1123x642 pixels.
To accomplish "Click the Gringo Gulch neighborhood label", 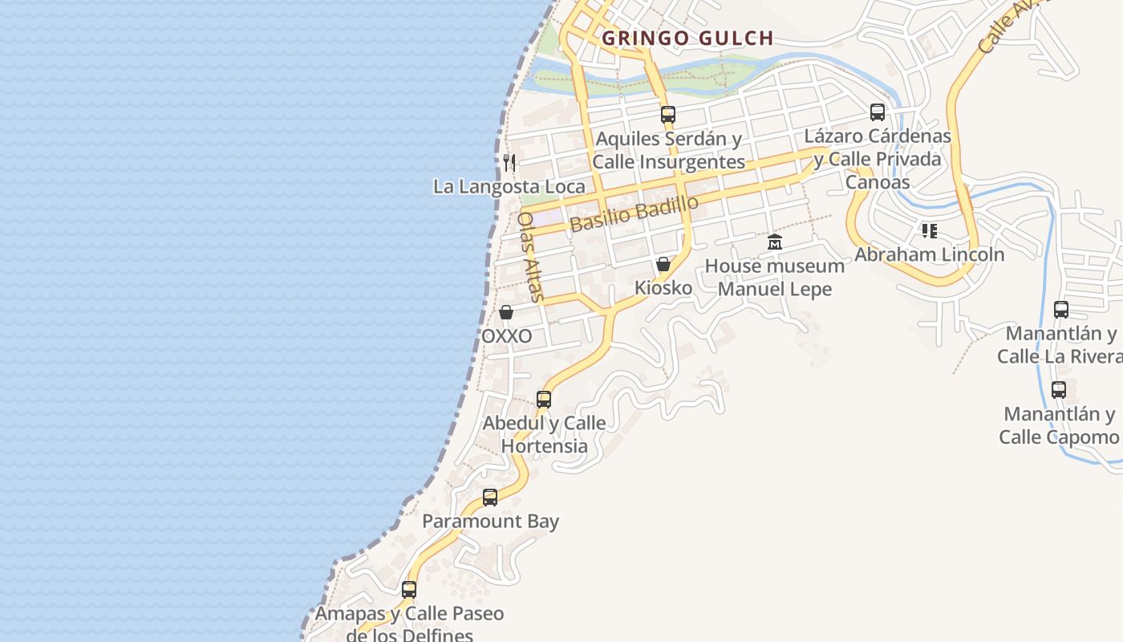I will [687, 38].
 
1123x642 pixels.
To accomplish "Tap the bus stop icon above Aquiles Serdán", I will [668, 115].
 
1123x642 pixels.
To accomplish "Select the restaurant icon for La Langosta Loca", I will [509, 163].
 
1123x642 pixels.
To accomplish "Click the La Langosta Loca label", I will [509, 187].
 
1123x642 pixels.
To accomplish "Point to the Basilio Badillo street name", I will [634, 213].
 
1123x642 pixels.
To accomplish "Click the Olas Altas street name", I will [531, 257].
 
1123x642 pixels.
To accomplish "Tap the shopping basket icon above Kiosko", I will [663, 264].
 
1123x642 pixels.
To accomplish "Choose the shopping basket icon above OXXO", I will [506, 312].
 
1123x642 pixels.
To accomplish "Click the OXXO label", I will [506, 336].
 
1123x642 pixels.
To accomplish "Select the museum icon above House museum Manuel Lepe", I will [775, 242].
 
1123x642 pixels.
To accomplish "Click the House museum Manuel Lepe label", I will [775, 277].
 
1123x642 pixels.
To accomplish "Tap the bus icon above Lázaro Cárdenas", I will [878, 112].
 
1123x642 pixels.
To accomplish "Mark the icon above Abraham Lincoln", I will [930, 231].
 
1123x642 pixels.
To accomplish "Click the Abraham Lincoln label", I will [930, 255].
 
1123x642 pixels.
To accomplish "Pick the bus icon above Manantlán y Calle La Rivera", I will [1061, 310].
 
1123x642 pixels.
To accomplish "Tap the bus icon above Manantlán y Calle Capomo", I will [1059, 391].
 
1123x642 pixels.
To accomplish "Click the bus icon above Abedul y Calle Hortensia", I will [544, 399].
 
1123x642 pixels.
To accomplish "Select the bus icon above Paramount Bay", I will [490, 498].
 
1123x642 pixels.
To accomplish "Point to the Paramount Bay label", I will [490, 522].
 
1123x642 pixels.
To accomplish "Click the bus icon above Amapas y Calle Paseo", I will [409, 590].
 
